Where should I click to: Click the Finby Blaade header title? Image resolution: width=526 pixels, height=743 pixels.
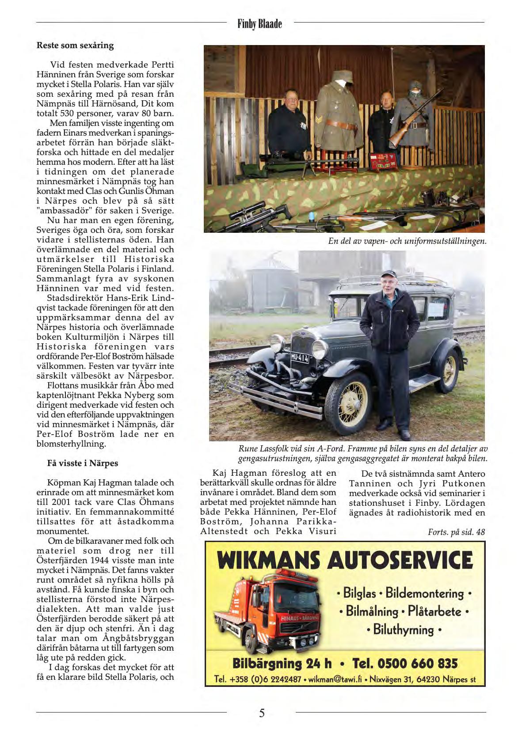point(259,24)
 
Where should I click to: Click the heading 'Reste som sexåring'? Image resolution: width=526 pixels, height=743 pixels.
point(75,45)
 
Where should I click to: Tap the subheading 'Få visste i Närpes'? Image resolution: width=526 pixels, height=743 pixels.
point(83,463)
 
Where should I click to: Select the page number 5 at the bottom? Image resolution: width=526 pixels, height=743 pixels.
point(262,713)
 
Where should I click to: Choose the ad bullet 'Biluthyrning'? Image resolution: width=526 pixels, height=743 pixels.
point(403,629)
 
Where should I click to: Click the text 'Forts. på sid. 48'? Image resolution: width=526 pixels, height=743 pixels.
point(456,532)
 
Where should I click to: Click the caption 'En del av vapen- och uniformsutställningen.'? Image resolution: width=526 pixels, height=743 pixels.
point(407,241)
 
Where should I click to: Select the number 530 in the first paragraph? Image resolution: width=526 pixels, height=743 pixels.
point(65,113)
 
